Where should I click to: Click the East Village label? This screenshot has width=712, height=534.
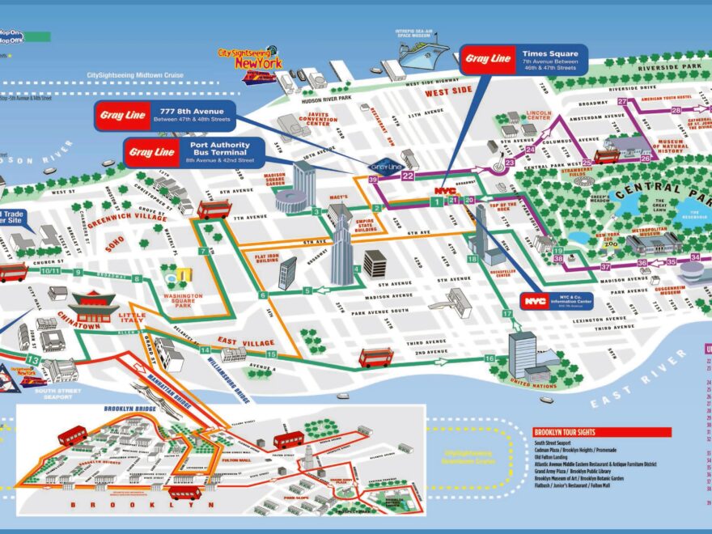click(x=248, y=343)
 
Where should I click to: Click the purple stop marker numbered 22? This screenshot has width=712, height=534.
click(x=408, y=176)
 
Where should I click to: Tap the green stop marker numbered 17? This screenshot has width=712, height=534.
click(x=507, y=313)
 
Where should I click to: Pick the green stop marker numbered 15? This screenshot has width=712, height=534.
click(x=272, y=354)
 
